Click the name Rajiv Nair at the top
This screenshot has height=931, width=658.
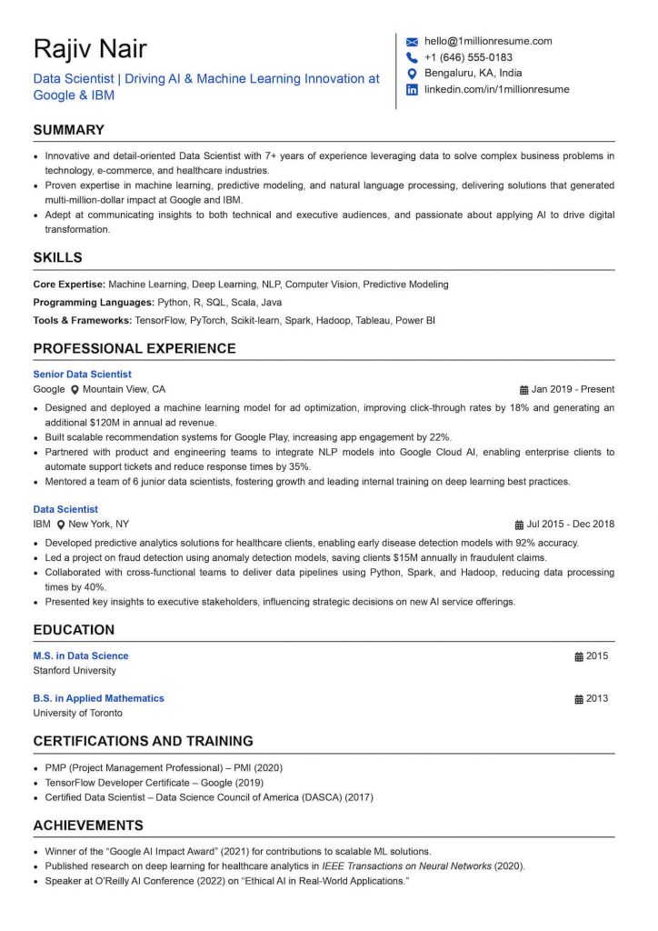pos(89,49)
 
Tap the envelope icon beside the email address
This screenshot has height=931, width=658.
pos(412,41)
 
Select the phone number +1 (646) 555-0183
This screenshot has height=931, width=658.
pos(468,57)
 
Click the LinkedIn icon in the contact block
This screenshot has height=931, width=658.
pos(412,89)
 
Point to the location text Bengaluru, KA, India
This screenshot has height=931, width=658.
pos(474,73)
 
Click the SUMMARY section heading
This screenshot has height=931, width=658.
pos(68,130)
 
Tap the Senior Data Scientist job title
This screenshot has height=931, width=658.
pos(82,374)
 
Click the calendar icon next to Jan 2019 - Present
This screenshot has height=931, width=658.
pos(523,389)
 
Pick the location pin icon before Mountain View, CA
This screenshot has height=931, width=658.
pos(75,389)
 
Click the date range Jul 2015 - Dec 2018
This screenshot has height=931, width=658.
pos(571,525)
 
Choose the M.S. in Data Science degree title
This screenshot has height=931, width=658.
pos(81,656)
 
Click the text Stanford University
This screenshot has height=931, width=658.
pos(75,671)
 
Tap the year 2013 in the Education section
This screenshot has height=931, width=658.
pos(597,698)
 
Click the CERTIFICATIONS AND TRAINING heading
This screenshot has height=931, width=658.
pos(143,741)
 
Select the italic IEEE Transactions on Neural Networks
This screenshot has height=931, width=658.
pos(406,866)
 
